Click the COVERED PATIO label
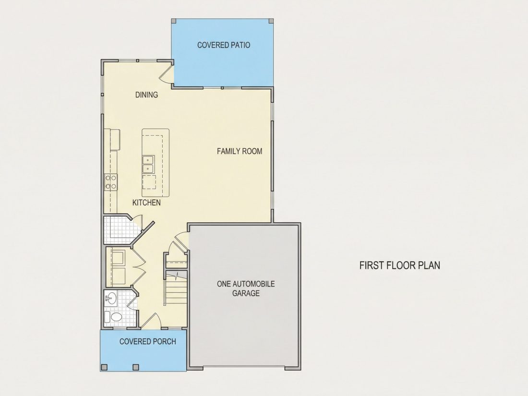224,45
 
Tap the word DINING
146,95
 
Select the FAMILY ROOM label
240,151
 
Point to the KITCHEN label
146,203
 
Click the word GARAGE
246,293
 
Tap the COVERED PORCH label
148,341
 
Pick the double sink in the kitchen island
148,164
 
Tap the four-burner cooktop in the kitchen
111,182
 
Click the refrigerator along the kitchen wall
113,139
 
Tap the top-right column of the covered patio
271,21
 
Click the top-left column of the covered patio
174,21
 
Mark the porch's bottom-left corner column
104,367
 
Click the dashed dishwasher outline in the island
149,182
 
